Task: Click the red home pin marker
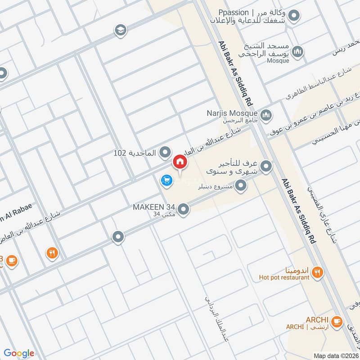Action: [180, 162]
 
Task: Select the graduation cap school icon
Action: [120, 30]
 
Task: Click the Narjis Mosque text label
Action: [232, 113]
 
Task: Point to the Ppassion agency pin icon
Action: [294, 17]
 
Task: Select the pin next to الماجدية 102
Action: [166, 153]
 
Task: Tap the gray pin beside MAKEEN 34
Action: [183, 209]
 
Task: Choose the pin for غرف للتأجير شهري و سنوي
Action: [266, 167]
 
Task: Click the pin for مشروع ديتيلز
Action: [242, 185]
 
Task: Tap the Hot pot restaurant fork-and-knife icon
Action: [318, 272]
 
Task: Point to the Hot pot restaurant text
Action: [284, 278]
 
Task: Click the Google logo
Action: [19, 353]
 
